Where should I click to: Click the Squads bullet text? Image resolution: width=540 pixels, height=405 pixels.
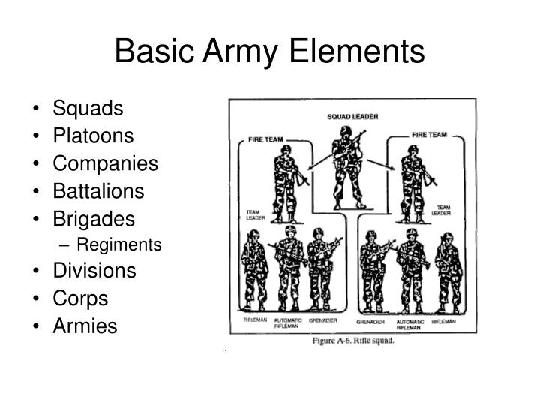tap(88, 109)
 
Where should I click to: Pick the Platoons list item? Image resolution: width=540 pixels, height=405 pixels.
tap(93, 136)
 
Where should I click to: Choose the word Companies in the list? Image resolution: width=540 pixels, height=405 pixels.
tap(105, 163)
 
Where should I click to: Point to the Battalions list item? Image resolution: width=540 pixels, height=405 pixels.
tap(98, 190)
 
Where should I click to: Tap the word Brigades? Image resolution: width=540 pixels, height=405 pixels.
tap(94, 218)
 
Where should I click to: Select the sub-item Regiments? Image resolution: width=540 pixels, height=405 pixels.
tap(119, 244)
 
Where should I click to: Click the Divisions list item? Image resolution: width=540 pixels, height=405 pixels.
tap(94, 270)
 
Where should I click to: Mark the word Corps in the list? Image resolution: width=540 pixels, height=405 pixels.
tap(80, 298)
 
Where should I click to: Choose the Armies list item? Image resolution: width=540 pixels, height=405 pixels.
tap(85, 325)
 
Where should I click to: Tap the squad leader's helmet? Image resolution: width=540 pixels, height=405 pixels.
tap(346, 130)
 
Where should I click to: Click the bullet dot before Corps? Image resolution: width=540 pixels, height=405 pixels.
tap(37, 298)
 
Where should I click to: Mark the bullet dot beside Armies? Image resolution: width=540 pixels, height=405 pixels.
tap(37, 325)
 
